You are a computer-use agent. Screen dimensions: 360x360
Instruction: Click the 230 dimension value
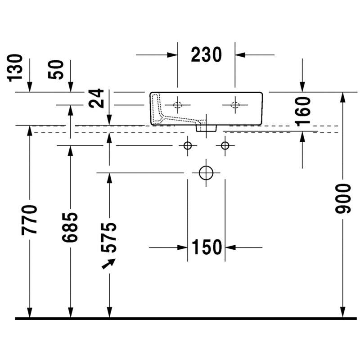pyautogui.click(x=206, y=54)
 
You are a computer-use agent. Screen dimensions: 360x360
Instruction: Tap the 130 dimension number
pyautogui.click(x=15, y=68)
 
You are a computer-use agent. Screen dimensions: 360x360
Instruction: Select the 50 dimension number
pyautogui.click(x=56, y=70)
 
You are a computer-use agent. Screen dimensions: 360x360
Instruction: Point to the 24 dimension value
pyautogui.click(x=96, y=98)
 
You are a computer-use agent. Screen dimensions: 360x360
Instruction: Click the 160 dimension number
pyautogui.click(x=302, y=111)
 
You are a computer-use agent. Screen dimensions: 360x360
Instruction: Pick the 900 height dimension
pyautogui.click(x=343, y=198)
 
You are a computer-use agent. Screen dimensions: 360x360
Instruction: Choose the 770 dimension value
pyautogui.click(x=29, y=220)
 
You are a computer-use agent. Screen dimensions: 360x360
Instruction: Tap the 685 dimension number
pyautogui.click(x=70, y=227)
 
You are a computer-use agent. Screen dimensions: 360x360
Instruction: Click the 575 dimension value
pyautogui.click(x=108, y=238)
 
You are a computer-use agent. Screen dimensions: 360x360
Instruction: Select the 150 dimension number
pyautogui.click(x=207, y=247)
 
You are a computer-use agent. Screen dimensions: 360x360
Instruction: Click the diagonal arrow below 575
pyautogui.click(x=108, y=264)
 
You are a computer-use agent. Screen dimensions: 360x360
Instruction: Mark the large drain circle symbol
pyautogui.click(x=206, y=173)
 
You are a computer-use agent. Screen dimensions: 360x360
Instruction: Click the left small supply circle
pyautogui.click(x=188, y=145)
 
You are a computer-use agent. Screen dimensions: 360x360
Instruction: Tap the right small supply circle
pyautogui.click(x=225, y=145)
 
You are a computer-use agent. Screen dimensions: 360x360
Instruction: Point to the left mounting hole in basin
pyautogui.click(x=177, y=105)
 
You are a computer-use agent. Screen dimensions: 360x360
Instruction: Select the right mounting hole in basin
pyautogui.click(x=235, y=105)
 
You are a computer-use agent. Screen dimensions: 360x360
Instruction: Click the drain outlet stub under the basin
pyautogui.click(x=206, y=128)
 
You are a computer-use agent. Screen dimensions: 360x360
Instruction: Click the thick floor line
pyautogui.click(x=186, y=319)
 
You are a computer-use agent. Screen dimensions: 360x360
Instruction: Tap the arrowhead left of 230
pyautogui.click(x=172, y=55)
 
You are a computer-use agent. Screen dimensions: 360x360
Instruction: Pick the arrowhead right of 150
pyautogui.click(x=230, y=247)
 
